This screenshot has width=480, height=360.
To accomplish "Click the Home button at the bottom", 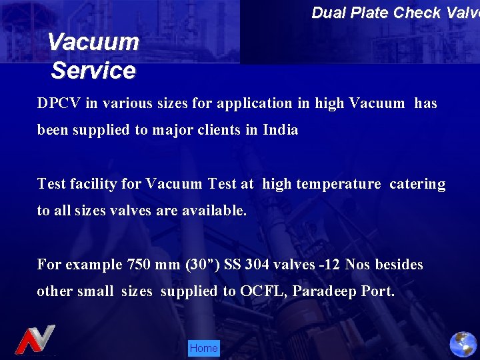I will click(203, 348).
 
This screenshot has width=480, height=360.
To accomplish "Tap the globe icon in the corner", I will click(463, 344).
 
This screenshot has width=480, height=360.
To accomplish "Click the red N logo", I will click(35, 340).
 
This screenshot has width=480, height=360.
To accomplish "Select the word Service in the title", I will click(93, 70).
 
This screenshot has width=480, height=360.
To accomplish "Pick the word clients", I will click(220, 130).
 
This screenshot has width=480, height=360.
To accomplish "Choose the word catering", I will click(417, 184).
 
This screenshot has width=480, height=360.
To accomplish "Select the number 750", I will click(137, 265).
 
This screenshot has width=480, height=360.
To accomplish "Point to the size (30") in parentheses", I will click(198, 265).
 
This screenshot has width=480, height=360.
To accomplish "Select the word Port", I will click(378, 291).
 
